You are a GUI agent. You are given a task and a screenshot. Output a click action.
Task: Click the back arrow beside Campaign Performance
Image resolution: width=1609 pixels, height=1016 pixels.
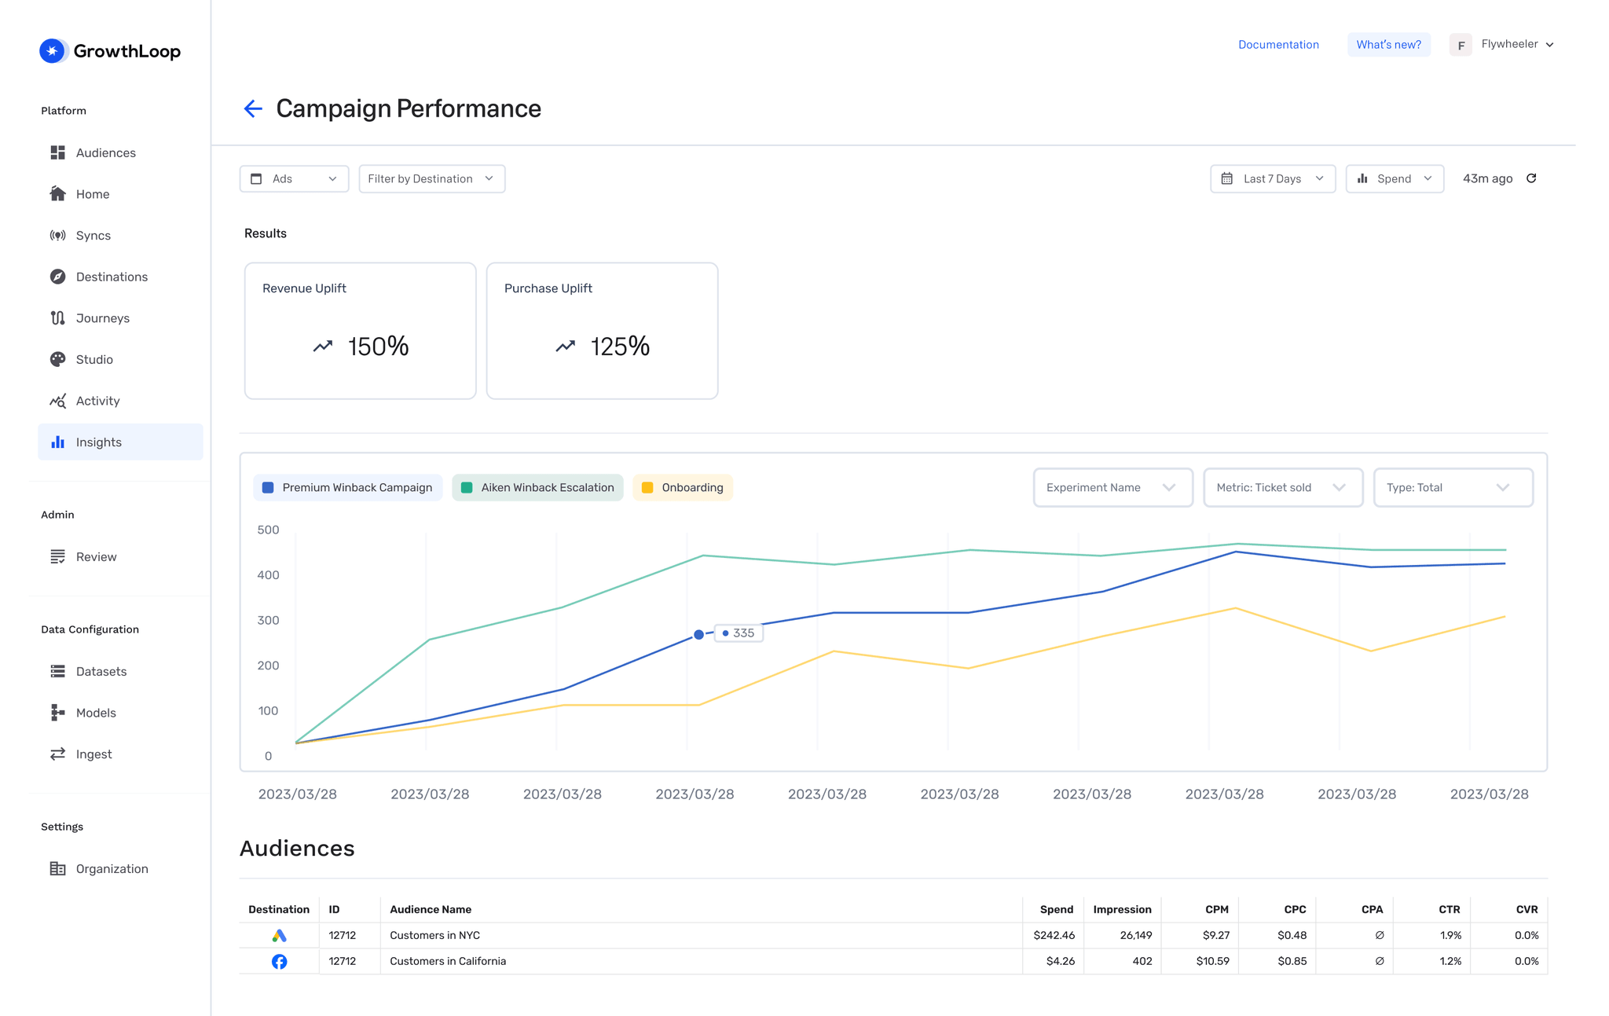(252, 108)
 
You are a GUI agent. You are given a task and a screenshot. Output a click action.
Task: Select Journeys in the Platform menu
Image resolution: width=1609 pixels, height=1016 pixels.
(102, 318)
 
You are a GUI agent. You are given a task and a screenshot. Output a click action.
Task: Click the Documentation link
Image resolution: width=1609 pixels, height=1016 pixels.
(1277, 45)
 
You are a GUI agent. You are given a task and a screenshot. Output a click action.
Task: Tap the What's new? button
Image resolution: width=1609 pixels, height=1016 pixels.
(1388, 45)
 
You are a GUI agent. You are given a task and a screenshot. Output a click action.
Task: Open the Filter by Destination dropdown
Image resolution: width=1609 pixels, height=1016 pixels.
(431, 179)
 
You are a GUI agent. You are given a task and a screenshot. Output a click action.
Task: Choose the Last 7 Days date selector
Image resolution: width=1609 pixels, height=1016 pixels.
(1272, 179)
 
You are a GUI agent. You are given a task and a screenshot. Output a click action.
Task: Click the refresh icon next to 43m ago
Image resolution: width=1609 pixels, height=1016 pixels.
(1531, 178)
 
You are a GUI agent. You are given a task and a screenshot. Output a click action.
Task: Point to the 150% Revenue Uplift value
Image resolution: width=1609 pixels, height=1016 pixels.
(378, 347)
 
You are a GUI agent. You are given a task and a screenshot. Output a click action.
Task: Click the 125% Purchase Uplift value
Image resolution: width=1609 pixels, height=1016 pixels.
(619, 347)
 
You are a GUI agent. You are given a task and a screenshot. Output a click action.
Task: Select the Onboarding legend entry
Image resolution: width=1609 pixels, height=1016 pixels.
(683, 488)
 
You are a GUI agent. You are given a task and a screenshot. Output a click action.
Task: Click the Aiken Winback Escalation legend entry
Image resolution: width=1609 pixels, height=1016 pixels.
(537, 488)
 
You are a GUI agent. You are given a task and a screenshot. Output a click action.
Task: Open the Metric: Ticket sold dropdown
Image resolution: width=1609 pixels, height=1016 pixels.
(1282, 488)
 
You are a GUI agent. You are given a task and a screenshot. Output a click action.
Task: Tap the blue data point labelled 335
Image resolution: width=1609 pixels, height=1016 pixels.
(698, 635)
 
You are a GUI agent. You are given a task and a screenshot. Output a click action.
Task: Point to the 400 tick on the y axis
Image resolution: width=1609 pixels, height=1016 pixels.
(268, 575)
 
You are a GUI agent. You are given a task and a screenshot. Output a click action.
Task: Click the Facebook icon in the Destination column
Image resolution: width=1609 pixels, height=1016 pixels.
(279, 962)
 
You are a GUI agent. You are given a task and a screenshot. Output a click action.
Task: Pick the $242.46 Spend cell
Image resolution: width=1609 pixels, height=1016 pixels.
(1054, 935)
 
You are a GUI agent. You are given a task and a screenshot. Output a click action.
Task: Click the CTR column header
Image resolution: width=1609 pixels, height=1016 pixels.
(1449, 909)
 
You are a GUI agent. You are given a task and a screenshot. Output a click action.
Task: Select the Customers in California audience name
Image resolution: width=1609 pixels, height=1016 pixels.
(448, 962)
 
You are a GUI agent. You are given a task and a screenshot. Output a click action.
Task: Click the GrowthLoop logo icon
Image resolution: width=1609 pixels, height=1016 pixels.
(53, 51)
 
